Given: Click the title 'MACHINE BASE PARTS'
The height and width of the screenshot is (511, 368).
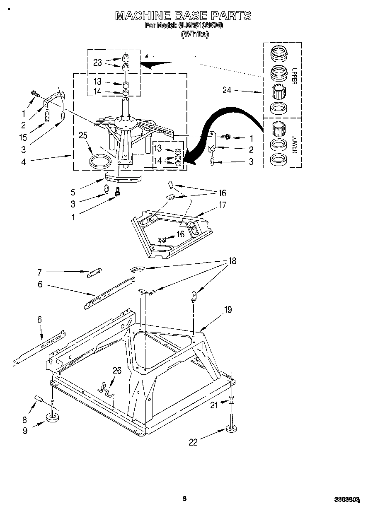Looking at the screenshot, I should pyautogui.click(x=183, y=16).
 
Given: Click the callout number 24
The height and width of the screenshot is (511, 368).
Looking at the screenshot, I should pyautogui.click(x=227, y=90).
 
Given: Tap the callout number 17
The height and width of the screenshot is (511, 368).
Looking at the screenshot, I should pyautogui.click(x=222, y=205).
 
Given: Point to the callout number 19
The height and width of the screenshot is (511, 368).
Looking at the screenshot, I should pyautogui.click(x=228, y=309).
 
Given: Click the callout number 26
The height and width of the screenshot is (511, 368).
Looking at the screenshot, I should pyautogui.click(x=117, y=371).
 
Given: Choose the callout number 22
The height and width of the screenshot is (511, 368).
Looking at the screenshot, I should pyautogui.click(x=193, y=442).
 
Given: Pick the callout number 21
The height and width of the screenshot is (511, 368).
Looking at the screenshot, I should pyautogui.click(x=214, y=405).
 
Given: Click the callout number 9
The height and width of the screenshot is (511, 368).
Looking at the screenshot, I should pyautogui.click(x=25, y=431).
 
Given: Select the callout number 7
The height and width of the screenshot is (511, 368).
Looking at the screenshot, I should pyautogui.click(x=40, y=272).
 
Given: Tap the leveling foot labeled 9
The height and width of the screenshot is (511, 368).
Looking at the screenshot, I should pyautogui.click(x=53, y=416).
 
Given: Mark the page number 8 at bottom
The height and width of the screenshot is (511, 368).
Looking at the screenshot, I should pyautogui.click(x=184, y=499).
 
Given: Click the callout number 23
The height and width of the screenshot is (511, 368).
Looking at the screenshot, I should pyautogui.click(x=97, y=63).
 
